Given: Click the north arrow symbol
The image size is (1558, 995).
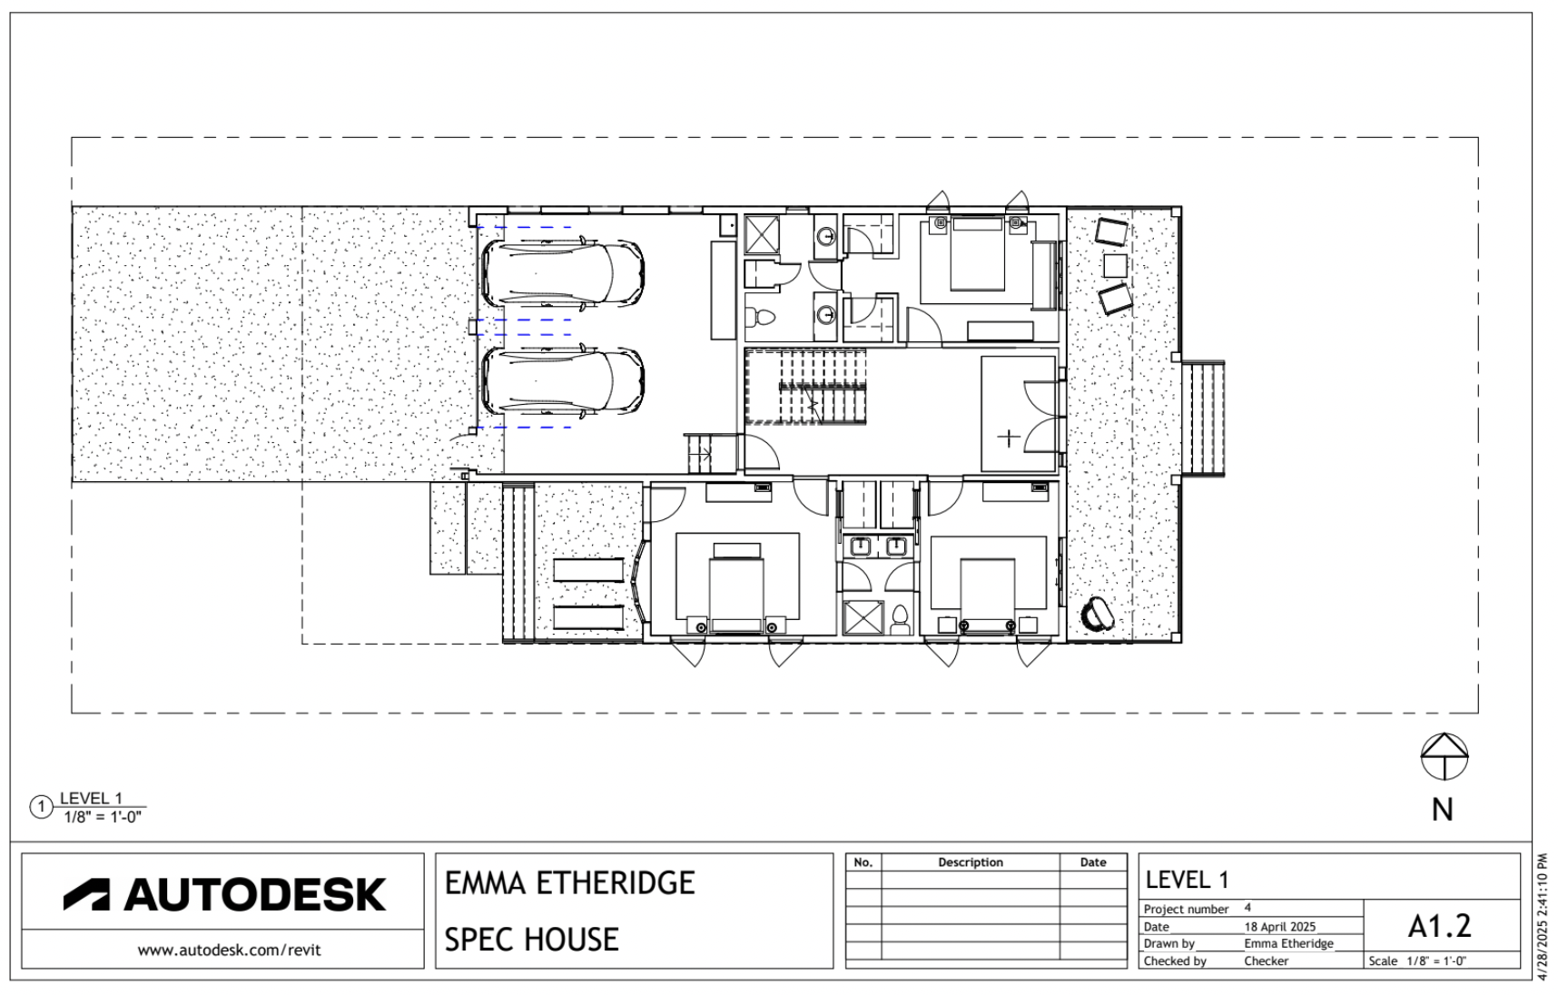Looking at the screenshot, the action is (1444, 756).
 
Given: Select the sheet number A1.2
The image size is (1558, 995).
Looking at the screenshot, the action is (1440, 925).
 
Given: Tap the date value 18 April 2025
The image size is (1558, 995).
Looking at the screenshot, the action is (1280, 927).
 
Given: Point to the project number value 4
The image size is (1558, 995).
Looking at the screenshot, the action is (1247, 907).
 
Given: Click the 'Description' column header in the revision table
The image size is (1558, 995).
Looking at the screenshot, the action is (971, 862).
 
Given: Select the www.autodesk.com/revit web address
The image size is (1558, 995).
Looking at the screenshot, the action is (230, 951).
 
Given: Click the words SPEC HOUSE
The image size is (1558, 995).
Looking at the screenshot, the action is (531, 939).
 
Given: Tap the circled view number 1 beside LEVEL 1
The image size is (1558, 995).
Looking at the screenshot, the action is (41, 807).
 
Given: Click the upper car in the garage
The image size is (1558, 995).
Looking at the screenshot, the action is (562, 273).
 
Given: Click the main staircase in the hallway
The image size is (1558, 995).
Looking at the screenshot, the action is (806, 387).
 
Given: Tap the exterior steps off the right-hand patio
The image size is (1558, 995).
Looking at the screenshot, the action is (1204, 419).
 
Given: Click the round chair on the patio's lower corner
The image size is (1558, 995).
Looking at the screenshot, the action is (1098, 615).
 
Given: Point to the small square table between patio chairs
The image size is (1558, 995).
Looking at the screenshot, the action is (1115, 266).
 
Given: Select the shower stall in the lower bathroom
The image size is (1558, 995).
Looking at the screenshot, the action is (863, 617).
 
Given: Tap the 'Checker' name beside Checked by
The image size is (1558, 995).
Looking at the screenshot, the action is (1266, 961).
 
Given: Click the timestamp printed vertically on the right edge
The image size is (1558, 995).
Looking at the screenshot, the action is (1544, 917).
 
